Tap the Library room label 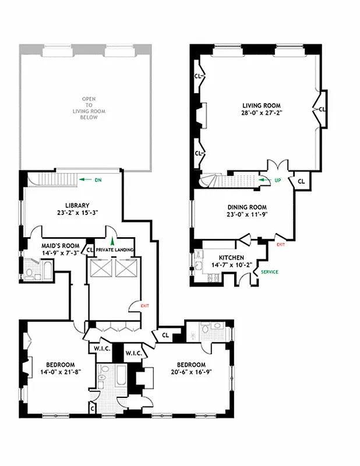pos(77,205)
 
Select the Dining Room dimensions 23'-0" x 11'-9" pos(246,215)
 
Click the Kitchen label pos(231,257)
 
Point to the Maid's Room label pos(56,245)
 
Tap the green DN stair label pos(98,180)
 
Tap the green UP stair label pos(277,181)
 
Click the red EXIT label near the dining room pos(281,245)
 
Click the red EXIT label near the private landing pos(145,305)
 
